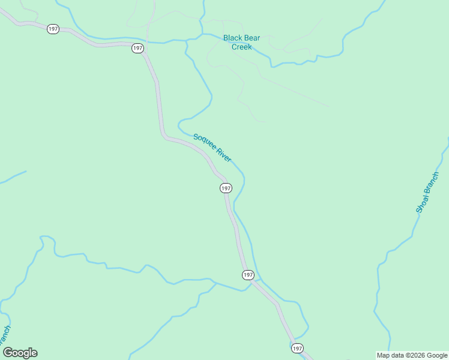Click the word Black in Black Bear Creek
pyautogui.click(x=232, y=38)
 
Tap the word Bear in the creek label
pyautogui.click(x=252, y=38)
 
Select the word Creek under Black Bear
pyautogui.click(x=242, y=47)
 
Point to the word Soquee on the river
pyautogui.click(x=204, y=142)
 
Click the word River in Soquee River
pyautogui.click(x=224, y=155)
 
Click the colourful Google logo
pyautogui.click(x=20, y=353)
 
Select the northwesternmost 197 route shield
pyautogui.click(x=53, y=29)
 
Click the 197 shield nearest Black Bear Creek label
pyautogui.click(x=138, y=48)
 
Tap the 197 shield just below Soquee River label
pyautogui.click(x=226, y=188)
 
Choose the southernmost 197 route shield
pyautogui.click(x=297, y=348)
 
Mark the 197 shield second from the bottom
pyautogui.click(x=249, y=275)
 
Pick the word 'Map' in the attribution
pyautogui.click(x=382, y=355)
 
